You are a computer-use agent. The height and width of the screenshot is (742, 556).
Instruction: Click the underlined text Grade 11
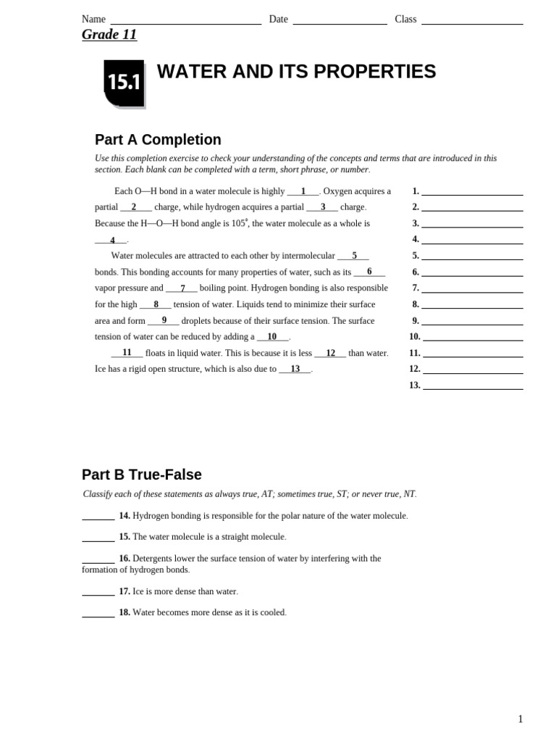coord(109,35)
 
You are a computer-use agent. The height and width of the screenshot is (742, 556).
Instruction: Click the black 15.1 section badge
coord(124,83)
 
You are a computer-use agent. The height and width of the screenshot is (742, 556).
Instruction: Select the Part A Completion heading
coord(158,140)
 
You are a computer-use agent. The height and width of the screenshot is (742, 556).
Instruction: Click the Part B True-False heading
coord(142,475)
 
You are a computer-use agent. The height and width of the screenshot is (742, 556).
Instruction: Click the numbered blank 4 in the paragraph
coord(111,241)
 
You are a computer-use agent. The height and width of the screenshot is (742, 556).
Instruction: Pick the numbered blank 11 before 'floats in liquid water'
coord(127,353)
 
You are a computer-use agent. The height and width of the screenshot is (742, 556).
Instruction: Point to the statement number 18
coord(125,613)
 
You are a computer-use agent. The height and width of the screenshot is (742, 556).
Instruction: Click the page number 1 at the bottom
coord(520,719)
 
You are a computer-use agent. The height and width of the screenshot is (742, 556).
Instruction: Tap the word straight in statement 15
coord(232,537)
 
